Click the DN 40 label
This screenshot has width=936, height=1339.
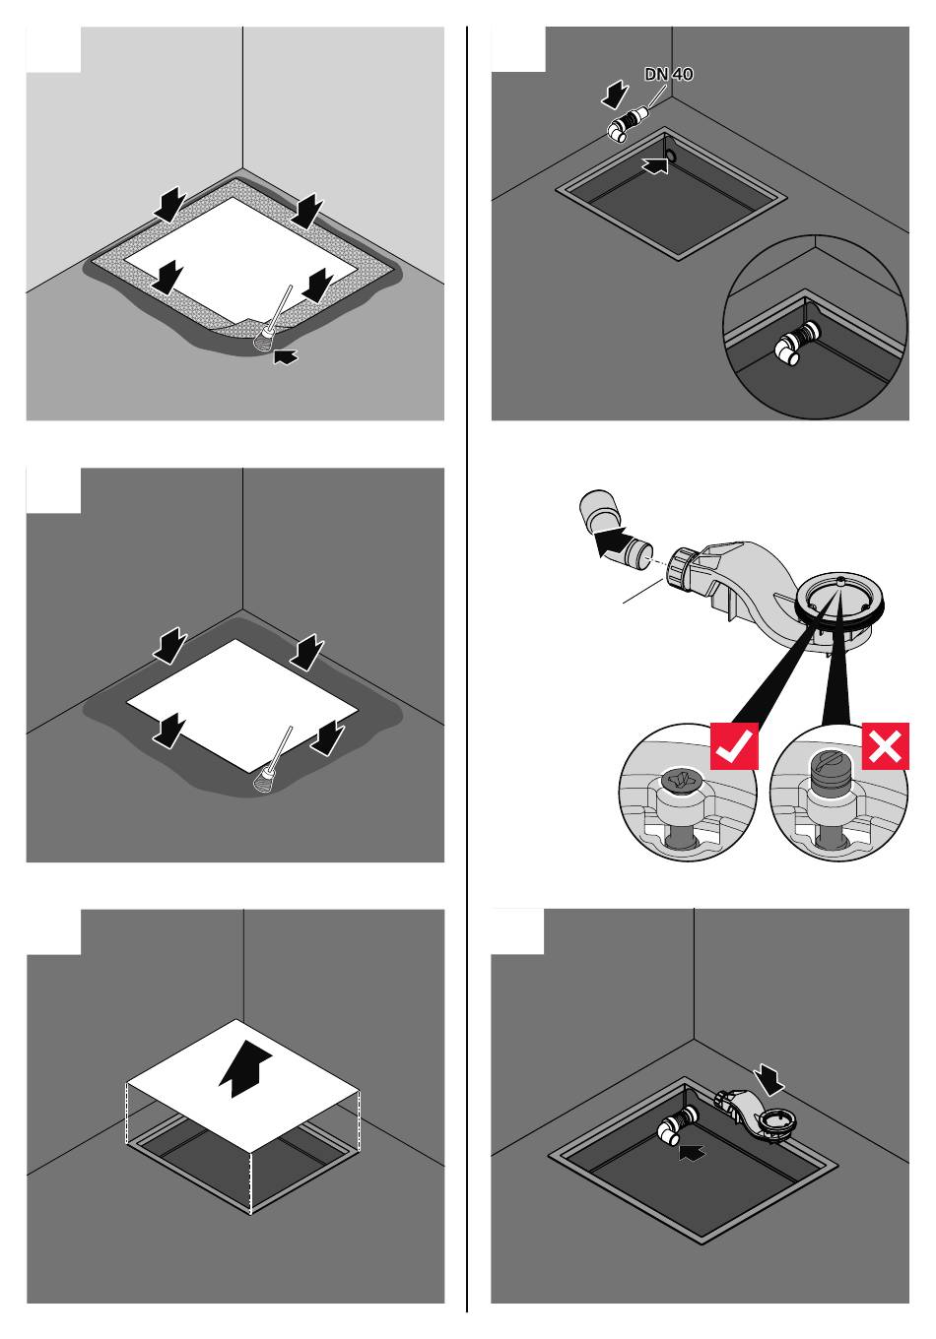[669, 74]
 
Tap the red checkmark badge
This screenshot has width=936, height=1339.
[734, 746]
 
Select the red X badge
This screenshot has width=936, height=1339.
[885, 746]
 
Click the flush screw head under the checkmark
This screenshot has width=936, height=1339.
[681, 780]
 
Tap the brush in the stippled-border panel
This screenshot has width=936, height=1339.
[273, 320]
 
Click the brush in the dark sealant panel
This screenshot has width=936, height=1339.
[273, 761]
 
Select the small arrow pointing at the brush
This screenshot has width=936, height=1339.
[286, 356]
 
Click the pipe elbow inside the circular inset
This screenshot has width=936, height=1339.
[798, 343]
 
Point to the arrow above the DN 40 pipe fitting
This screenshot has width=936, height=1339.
[615, 96]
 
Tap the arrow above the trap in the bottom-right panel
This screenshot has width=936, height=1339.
[769, 1079]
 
